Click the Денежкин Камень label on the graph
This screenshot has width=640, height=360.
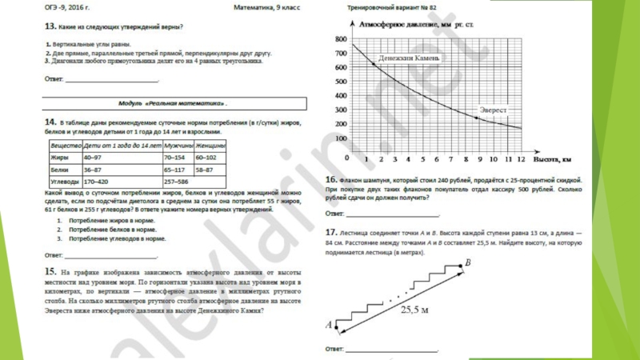409,58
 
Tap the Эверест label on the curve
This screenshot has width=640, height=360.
493,110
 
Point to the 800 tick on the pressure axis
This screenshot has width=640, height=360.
342,39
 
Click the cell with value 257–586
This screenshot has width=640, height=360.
176,182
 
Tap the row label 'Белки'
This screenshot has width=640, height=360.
59,170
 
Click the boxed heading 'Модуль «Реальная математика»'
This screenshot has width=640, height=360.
173,104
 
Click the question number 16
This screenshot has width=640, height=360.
330,180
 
